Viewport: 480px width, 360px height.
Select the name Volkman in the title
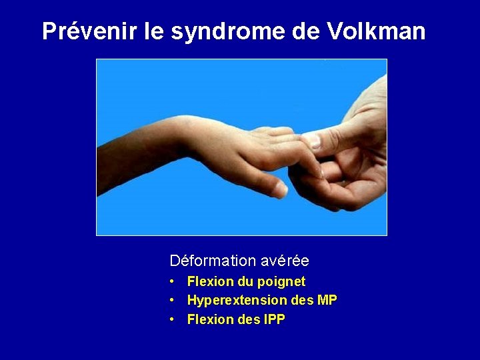[x=376, y=31]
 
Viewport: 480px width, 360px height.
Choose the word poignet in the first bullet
[x=281, y=282]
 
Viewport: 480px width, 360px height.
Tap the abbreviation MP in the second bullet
[x=327, y=301]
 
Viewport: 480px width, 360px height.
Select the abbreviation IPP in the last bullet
[x=273, y=320]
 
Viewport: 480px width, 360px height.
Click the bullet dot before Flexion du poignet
[x=172, y=282]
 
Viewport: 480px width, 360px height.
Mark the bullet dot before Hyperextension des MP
[x=172, y=301]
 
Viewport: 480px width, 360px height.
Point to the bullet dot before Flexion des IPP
[x=172, y=320]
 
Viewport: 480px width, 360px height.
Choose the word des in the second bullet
[x=302, y=301]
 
